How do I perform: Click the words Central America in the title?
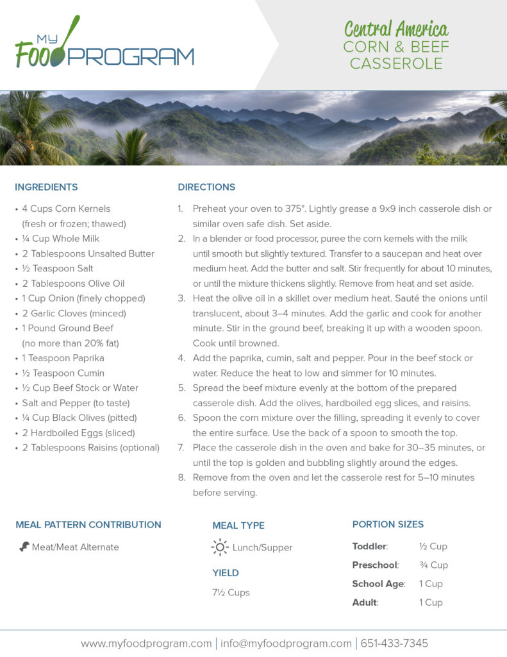396,29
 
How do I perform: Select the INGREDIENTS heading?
46,187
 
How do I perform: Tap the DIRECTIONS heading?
206,187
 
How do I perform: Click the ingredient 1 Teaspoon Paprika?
63,358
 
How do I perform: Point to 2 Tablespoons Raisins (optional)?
90,447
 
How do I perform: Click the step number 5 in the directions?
181,388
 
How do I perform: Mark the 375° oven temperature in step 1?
295,209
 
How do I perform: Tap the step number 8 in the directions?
181,478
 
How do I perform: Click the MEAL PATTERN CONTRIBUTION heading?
88,525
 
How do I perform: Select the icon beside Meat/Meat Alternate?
24,547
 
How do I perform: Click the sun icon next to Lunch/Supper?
220,547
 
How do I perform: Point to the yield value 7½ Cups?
231,592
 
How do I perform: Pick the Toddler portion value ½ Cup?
433,547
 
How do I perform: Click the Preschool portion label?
375,565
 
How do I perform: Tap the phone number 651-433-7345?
394,643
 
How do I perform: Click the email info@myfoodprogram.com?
286,643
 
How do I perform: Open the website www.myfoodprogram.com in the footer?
146,643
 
